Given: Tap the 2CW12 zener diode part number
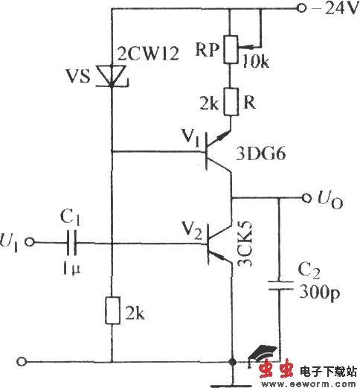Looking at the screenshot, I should tap(149, 54).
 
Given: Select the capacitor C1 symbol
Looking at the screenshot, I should tap(74, 241).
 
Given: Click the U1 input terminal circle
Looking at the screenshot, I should tap(29, 241).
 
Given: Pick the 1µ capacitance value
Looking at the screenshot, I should tap(73, 264).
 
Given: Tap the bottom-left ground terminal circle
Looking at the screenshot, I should tap(28, 363).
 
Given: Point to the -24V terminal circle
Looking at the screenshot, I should tap(300, 9).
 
